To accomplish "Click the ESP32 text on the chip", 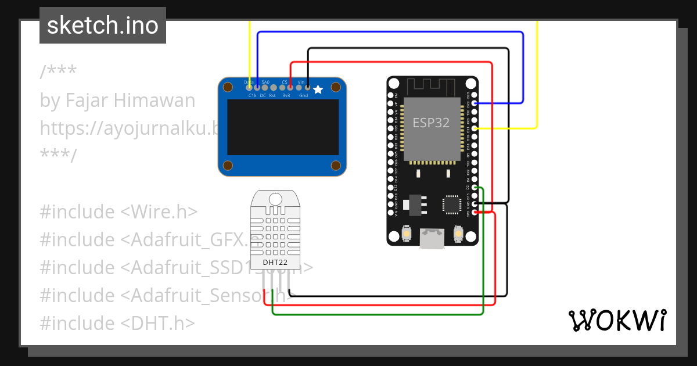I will pos(432,123).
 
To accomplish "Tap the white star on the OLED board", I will pos(318,89).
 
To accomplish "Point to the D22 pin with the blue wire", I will pos(475,103).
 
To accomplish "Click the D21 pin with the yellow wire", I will pos(475,128).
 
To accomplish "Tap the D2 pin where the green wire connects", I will pos(475,188).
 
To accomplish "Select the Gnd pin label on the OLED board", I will pos(303,96).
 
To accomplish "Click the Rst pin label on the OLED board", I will pos(272,96).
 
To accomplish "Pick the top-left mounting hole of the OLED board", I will pos(228,87).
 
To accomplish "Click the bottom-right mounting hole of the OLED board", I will pos(335,166).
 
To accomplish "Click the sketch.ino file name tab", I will pos(103,26).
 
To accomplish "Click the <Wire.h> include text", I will pos(159,212).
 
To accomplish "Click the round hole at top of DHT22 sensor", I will pos(275,199).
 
